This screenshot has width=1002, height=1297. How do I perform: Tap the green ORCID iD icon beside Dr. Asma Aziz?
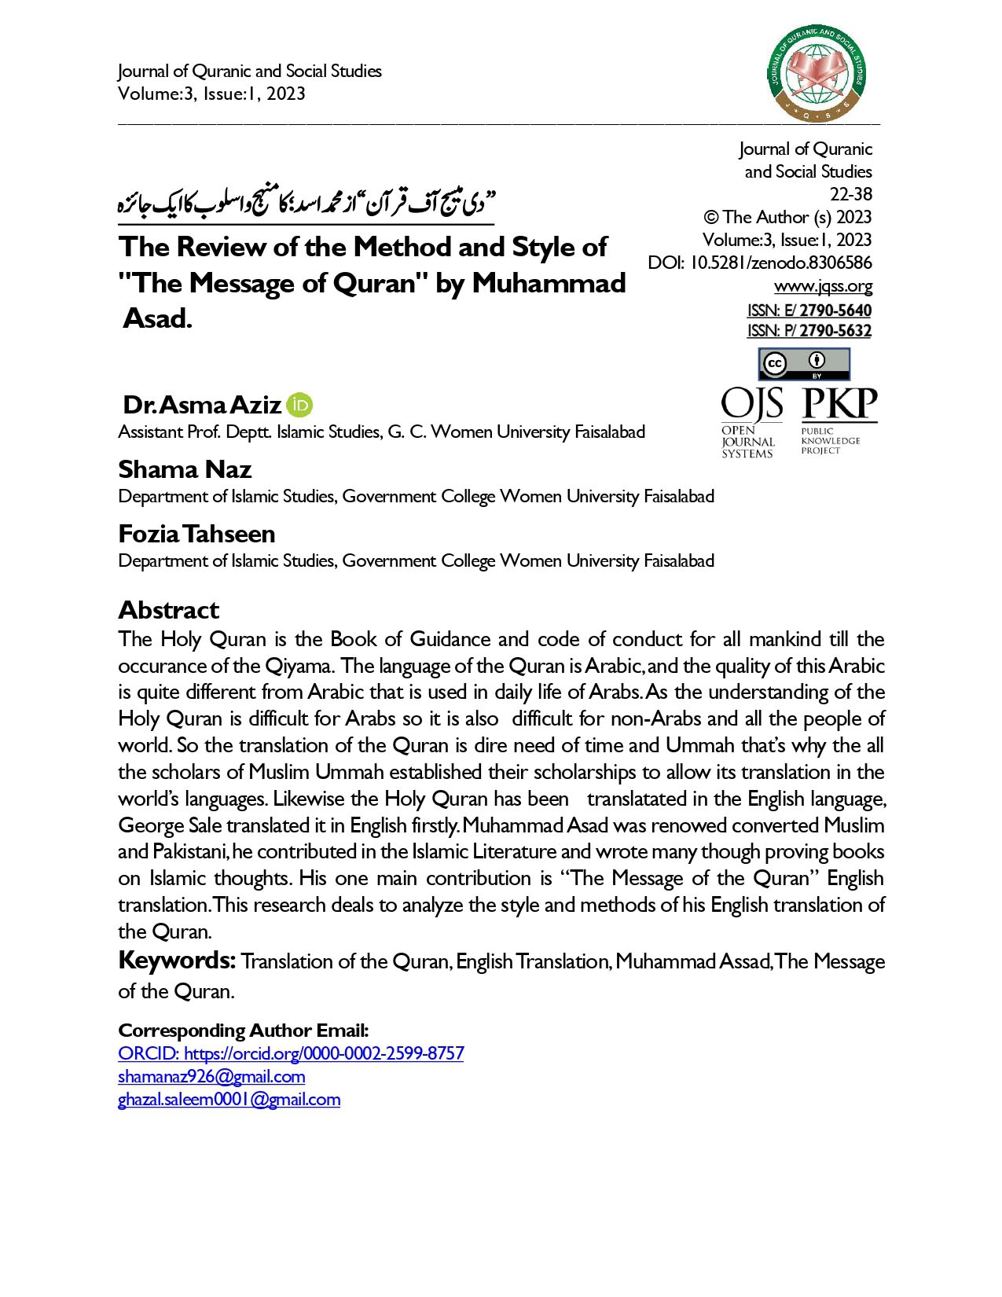pos(300,405)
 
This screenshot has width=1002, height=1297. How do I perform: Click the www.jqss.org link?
pos(823,285)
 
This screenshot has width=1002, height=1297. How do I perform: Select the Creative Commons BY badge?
pos(803,364)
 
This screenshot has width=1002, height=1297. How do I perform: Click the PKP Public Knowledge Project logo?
pos(839,421)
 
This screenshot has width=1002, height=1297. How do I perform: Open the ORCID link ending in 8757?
pos(291,1053)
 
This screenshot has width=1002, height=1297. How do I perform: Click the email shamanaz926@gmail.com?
pos(211,1076)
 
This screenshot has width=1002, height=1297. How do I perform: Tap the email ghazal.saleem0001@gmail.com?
pos(229,1099)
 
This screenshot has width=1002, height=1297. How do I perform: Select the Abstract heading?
pos(168,610)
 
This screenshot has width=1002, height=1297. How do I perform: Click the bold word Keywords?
pos(177,961)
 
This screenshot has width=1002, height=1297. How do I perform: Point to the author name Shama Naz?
pos(185,469)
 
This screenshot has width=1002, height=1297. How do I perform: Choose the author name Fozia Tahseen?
pos(196,534)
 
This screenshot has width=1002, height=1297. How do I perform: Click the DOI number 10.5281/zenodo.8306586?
pos(780,263)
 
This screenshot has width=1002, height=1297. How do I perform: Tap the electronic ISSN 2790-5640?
pos(835,310)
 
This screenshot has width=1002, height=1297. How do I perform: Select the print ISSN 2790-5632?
pos(835,331)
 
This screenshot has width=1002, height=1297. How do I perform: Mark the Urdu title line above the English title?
pos(306,204)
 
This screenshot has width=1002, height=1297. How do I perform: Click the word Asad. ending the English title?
pos(157,319)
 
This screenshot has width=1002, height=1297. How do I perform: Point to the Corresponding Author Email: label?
pos(243,1031)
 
